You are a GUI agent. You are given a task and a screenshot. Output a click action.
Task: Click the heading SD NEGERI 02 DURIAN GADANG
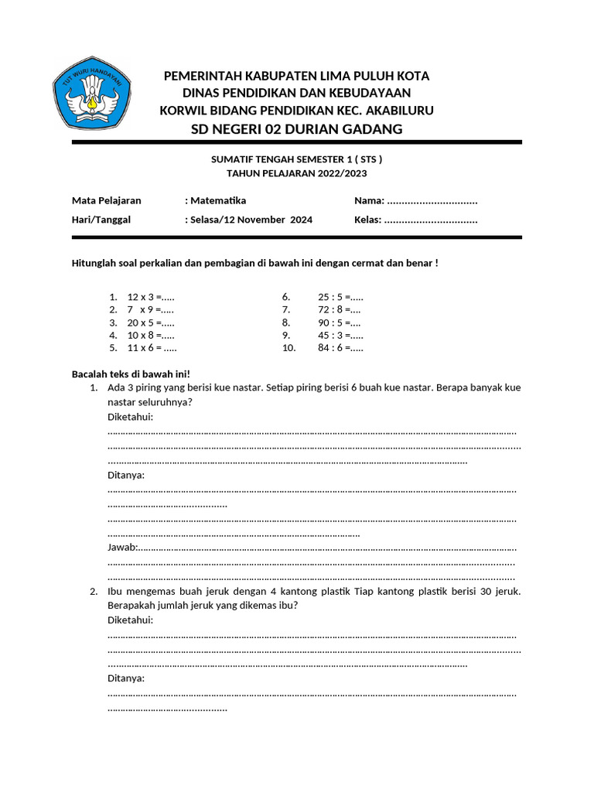tap(296, 129)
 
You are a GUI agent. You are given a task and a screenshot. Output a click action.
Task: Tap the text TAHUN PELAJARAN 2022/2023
tap(296, 173)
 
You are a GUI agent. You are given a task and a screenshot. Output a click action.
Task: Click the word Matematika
tap(218, 200)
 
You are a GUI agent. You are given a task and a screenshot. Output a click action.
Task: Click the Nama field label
tap(369, 200)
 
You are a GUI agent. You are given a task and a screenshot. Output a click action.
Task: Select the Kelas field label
tap(367, 220)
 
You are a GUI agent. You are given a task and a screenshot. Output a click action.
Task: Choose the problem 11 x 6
tap(152, 347)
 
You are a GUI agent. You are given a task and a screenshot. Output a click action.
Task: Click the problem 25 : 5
tap(340, 297)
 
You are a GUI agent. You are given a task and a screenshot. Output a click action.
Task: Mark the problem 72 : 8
tap(339, 309)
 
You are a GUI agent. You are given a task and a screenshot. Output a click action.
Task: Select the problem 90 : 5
tap(339, 323)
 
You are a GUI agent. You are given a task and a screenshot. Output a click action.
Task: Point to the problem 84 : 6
tap(340, 347)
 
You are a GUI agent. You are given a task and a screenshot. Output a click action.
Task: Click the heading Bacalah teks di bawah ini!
tap(131, 374)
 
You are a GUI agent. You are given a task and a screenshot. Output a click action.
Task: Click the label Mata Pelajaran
tap(107, 200)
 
